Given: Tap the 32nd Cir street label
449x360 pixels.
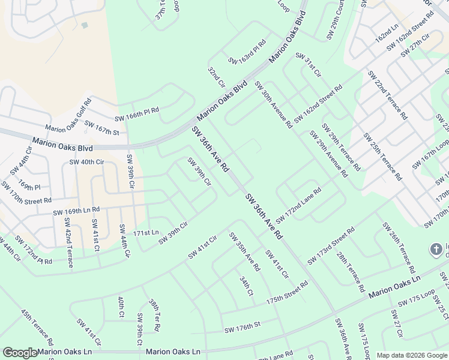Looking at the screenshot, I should point(215,76).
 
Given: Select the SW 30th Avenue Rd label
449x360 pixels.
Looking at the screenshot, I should point(273,105).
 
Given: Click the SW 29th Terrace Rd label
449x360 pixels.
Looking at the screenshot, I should point(341,147).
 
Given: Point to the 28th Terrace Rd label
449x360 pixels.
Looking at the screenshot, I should point(351,272).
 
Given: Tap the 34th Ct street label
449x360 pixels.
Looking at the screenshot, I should point(246,286).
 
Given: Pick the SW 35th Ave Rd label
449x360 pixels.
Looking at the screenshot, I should point(244,251).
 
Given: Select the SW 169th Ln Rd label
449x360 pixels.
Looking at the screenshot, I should point(76,211).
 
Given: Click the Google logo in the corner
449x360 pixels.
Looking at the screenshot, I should point(20,353).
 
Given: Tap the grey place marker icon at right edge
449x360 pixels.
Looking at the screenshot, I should point(438,249).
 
